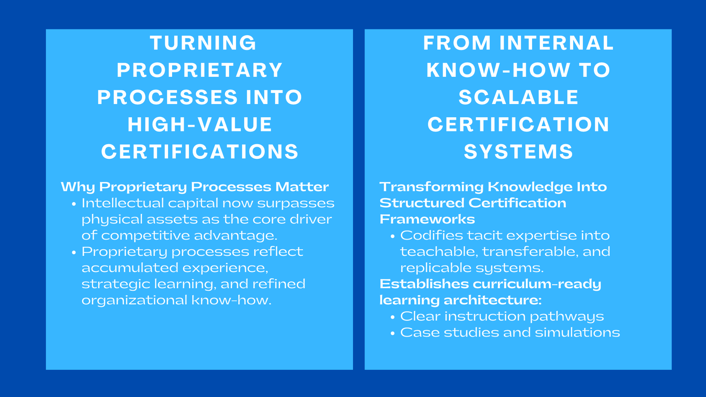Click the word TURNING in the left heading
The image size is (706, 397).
coord(203,43)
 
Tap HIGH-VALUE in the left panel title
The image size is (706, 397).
coord(200,125)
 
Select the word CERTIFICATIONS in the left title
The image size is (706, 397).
coord(200,152)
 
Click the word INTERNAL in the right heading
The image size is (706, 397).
coord(556,43)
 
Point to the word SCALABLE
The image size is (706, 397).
coord(518,97)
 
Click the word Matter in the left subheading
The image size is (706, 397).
coord(302,187)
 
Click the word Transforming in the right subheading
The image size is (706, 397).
coord(432,187)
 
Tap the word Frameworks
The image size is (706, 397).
coord(427,219)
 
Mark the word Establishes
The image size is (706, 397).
coord(424,284)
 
